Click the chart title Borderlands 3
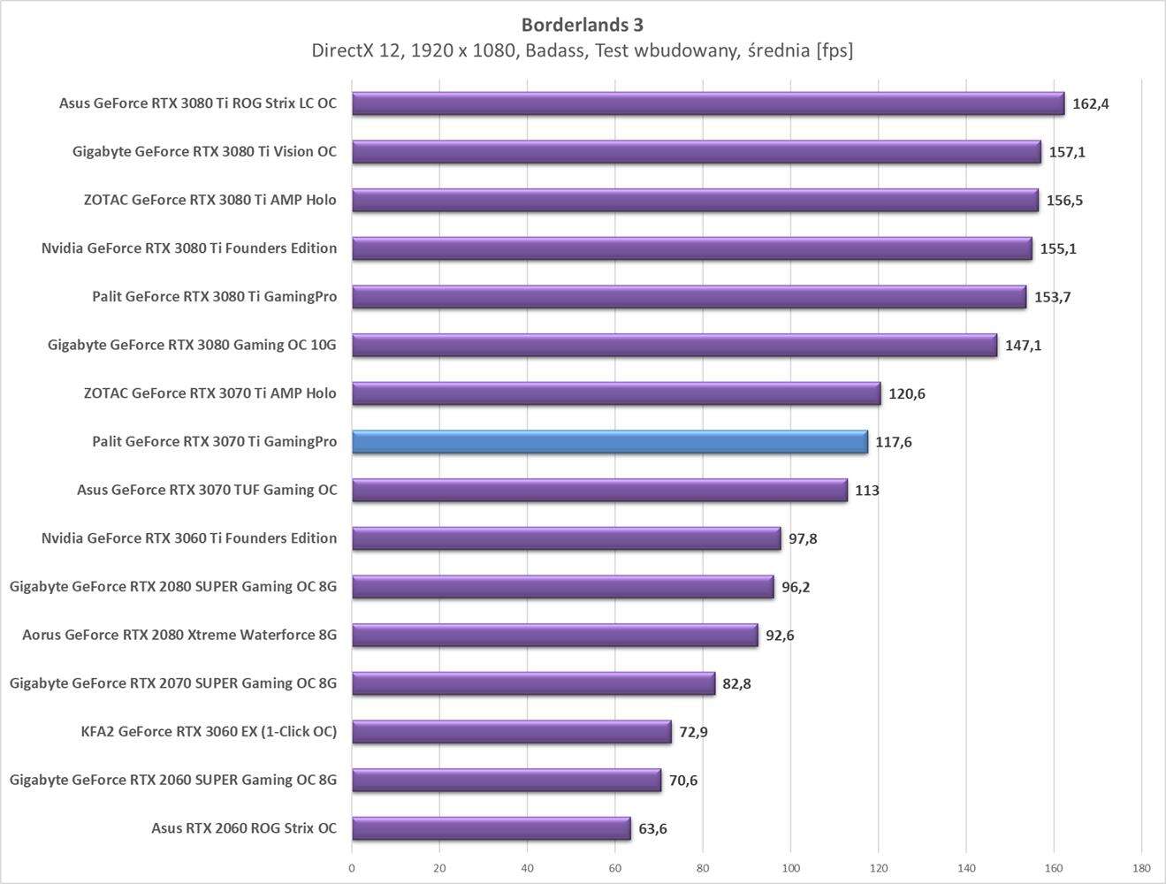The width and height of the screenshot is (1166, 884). coord(582,24)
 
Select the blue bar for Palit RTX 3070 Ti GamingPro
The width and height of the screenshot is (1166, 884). coord(610,442)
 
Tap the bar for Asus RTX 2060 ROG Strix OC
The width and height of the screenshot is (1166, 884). coord(492,828)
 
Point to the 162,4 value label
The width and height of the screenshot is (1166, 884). coord(1090,104)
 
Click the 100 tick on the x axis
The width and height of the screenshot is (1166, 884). coord(790,868)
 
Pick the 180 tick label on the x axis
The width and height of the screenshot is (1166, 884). coord(1141,868)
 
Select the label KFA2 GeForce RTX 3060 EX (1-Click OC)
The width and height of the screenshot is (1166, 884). coord(209,731)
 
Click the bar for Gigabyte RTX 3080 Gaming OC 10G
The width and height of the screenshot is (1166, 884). coord(674,345)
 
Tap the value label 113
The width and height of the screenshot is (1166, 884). coord(866,491)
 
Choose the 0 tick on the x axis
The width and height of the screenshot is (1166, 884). coord(352,868)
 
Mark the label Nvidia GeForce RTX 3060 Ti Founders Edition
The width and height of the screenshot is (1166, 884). coord(189,538)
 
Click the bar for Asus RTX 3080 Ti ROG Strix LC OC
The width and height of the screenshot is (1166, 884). coord(708,104)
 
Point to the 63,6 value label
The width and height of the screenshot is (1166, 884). coord(652,829)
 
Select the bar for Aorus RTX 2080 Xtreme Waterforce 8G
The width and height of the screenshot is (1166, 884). coord(555,635)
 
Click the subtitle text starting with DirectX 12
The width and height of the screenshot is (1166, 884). coord(582,50)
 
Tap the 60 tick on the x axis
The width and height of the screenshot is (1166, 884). coord(615,868)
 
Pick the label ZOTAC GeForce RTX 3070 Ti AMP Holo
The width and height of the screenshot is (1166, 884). coord(210,393)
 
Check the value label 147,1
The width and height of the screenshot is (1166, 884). coord(1023,346)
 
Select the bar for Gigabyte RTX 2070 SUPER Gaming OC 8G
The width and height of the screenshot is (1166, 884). coord(533,683)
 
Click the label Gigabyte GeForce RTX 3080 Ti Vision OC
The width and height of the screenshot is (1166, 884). coord(204,152)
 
